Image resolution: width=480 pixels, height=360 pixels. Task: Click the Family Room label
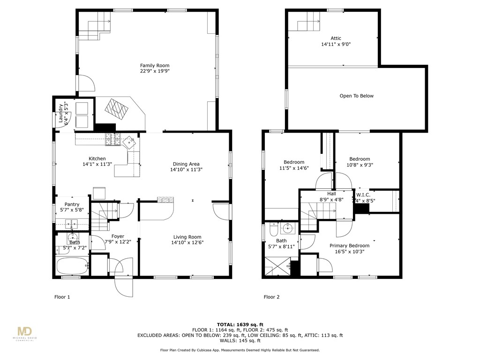point(154,66)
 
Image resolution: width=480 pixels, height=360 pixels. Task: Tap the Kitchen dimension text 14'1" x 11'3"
point(97,164)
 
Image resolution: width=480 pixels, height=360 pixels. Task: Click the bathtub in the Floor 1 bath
point(72,266)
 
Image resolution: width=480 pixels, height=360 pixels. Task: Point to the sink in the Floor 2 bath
point(288,229)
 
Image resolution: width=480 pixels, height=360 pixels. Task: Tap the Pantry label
point(72,204)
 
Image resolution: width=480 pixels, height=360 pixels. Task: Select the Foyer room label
point(118,236)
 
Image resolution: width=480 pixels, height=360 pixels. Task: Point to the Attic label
point(336,38)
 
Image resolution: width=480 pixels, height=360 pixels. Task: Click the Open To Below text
point(356,96)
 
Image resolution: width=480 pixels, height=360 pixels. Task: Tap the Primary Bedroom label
point(349,246)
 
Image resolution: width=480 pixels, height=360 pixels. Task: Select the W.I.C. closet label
point(363,195)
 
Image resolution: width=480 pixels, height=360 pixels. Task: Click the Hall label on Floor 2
point(331,194)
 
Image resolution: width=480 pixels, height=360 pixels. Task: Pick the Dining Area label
point(186,164)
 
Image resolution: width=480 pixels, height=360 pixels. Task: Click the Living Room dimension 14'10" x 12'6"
point(187,242)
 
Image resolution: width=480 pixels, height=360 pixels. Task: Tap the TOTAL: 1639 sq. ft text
point(240,324)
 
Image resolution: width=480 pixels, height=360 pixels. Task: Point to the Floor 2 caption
point(271,297)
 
